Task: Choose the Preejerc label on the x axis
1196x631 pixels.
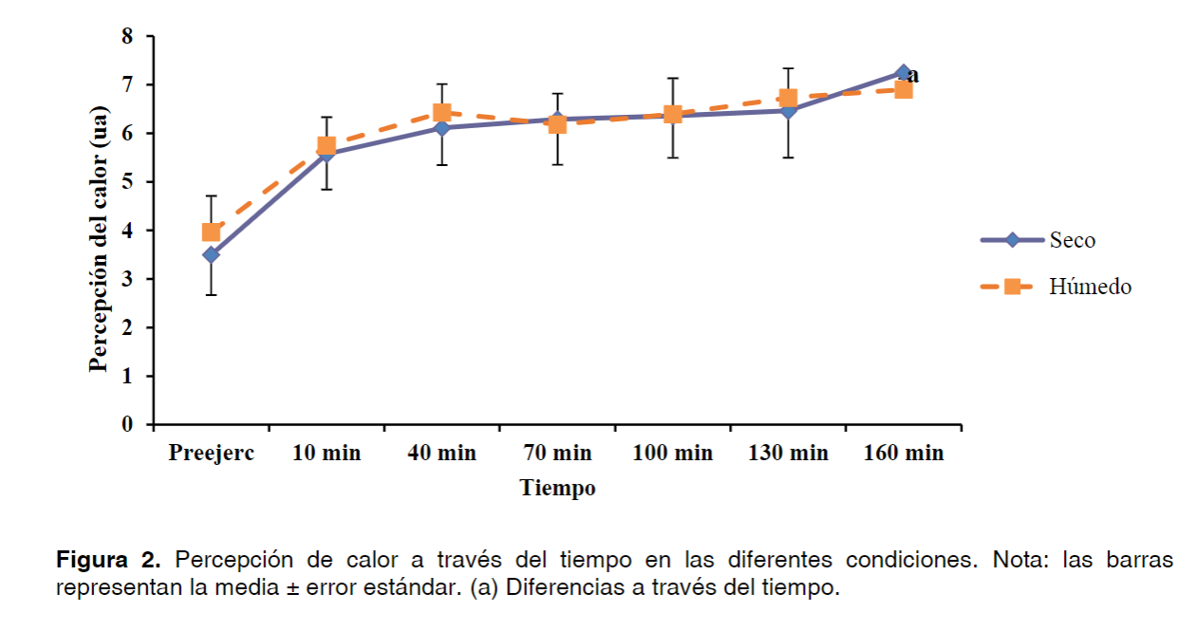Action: [212, 453]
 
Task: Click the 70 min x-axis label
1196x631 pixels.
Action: [557, 453]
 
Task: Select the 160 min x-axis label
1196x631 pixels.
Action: [904, 453]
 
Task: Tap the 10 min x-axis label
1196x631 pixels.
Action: [327, 453]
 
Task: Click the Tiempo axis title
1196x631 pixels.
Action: [558, 489]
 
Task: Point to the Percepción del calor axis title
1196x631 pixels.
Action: [99, 230]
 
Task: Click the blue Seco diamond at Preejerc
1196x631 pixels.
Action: [211, 254]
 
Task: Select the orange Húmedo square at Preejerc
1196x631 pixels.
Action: [211, 232]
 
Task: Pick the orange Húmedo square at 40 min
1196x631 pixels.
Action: [441, 113]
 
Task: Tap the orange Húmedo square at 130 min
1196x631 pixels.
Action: [788, 98]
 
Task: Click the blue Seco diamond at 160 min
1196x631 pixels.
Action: [903, 72]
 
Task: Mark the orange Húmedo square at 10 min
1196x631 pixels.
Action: [327, 146]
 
